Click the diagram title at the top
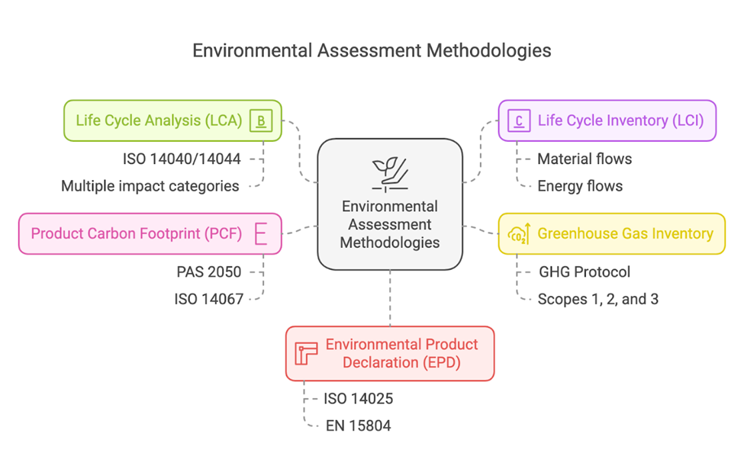tap(372, 50)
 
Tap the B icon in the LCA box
tap(261, 120)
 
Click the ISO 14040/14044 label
tap(181, 159)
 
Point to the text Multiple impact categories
tap(150, 186)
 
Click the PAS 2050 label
tap(208, 271)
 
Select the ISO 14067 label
tap(208, 299)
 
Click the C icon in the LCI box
tap(519, 120)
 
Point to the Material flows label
tap(585, 159)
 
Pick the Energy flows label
tap(580, 186)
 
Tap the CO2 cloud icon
tap(519, 234)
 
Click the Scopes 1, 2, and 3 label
tap(597, 299)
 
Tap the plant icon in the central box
tap(390, 174)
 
